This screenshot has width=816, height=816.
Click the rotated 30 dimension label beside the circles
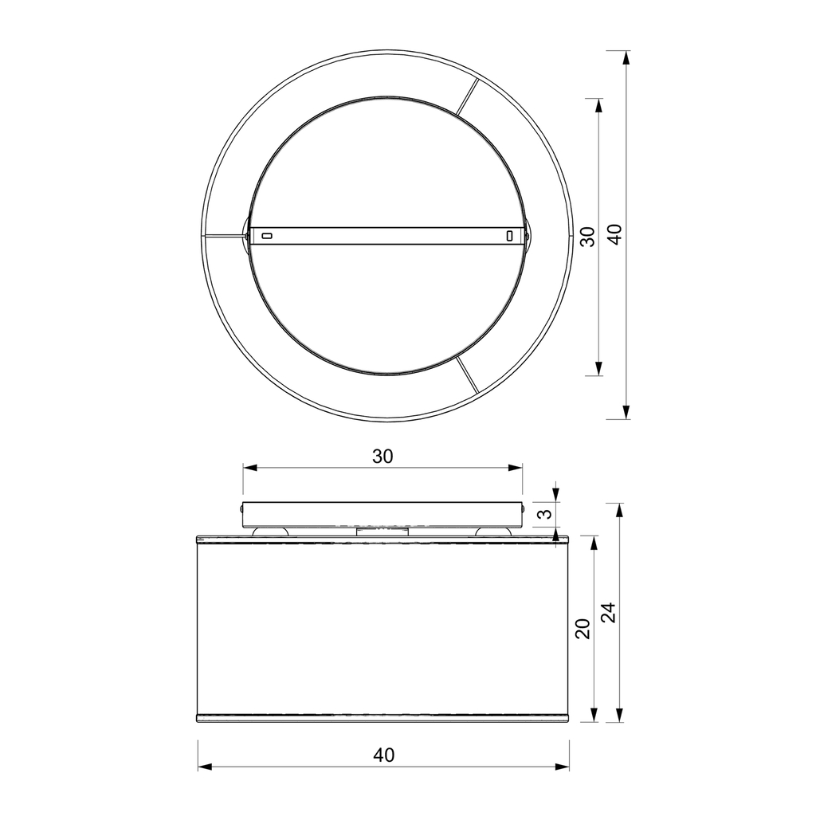(587, 237)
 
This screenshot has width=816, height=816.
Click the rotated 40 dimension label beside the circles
(615, 235)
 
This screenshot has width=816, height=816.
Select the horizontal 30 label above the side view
(382, 457)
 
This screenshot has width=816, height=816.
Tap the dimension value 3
(543, 515)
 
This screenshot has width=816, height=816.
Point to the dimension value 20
(583, 629)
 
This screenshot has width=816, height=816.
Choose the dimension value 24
(608, 612)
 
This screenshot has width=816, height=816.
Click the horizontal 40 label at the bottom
(384, 755)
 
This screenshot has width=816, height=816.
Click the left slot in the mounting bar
(266, 236)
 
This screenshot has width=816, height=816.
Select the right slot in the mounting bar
(510, 236)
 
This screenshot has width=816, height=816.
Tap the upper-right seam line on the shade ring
(467, 96)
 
